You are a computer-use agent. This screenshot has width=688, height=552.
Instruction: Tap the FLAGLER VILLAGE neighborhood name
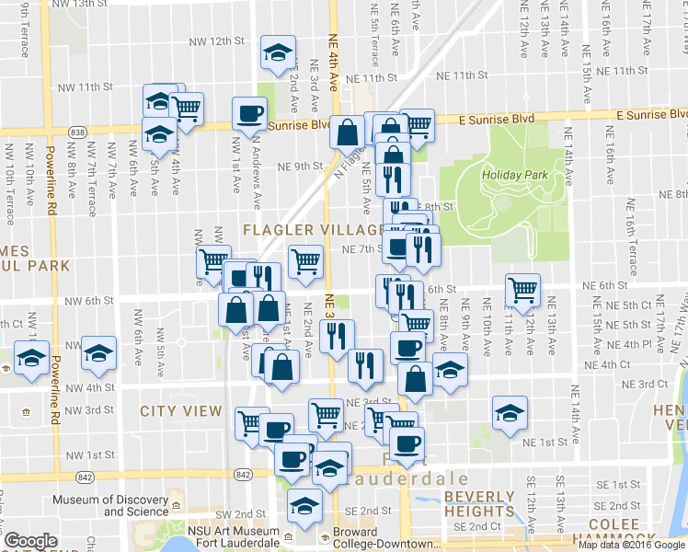pyautogui.click(x=313, y=228)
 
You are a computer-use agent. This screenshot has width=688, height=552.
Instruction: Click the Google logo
pyautogui.click(x=30, y=541)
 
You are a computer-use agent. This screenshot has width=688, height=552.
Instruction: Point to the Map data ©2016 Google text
pyautogui.click(x=631, y=545)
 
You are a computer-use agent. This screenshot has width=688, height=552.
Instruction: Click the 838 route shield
pyautogui.click(x=77, y=132)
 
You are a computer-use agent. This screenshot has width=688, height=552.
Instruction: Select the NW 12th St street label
pyautogui.click(x=214, y=41)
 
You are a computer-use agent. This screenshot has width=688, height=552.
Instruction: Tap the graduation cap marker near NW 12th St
pyautogui.click(x=277, y=53)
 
